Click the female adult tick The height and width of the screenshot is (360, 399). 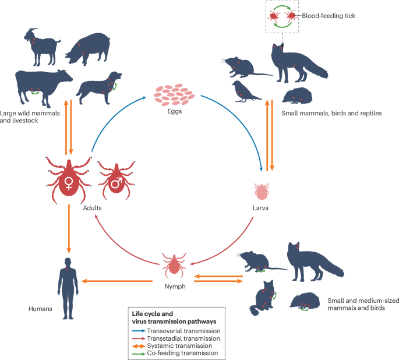pos(69,179)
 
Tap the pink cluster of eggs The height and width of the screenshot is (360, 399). pos(172,95)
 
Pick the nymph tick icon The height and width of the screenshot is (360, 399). pos(173,265)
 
